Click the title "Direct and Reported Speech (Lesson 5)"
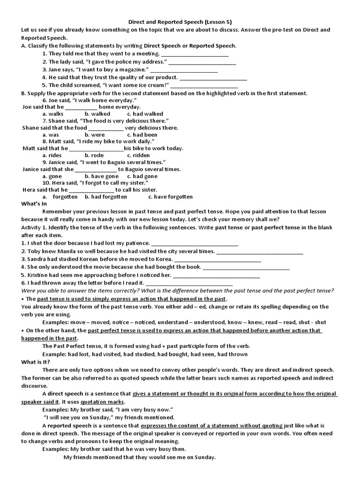click(x=180, y=22)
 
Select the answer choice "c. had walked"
click(x=145, y=114)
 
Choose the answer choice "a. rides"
click(x=52, y=155)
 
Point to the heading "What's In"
click(x=34, y=204)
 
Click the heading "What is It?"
click(x=36, y=362)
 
